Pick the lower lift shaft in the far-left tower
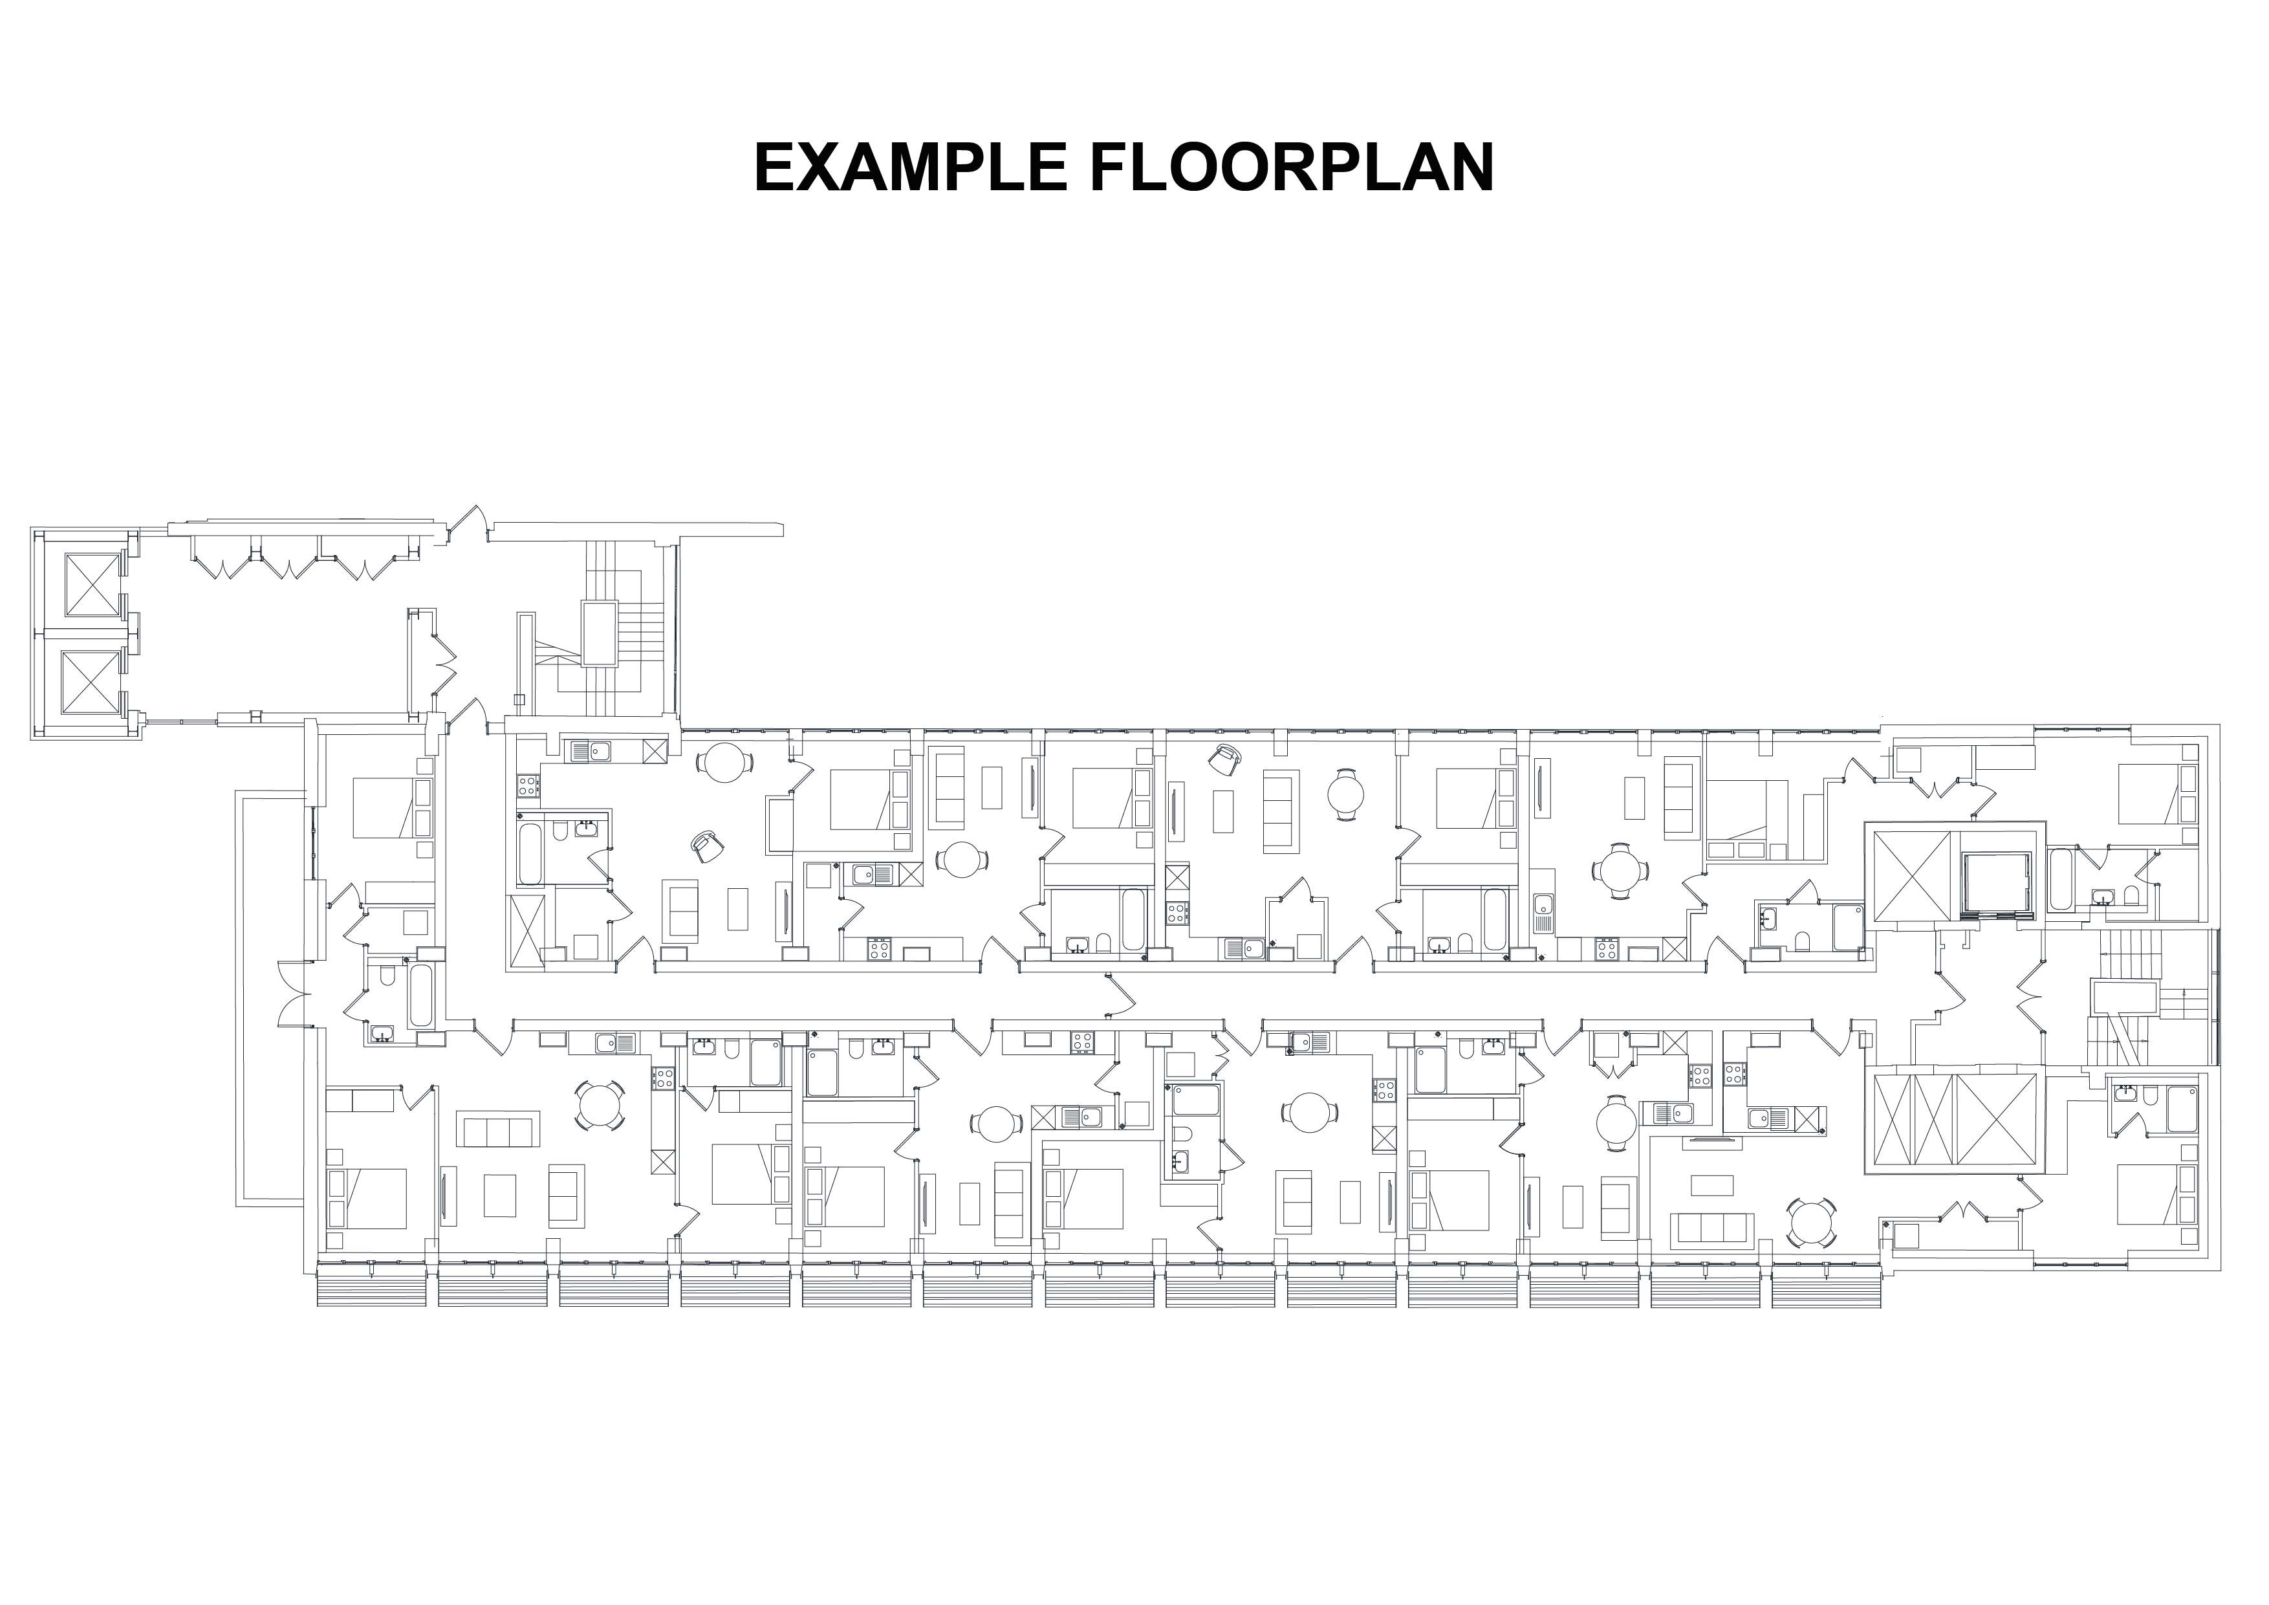[x=91, y=681]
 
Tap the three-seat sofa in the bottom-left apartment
[x=498, y=1129]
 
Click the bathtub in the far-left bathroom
[x=420, y=995]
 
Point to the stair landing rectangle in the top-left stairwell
[x=600, y=633]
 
